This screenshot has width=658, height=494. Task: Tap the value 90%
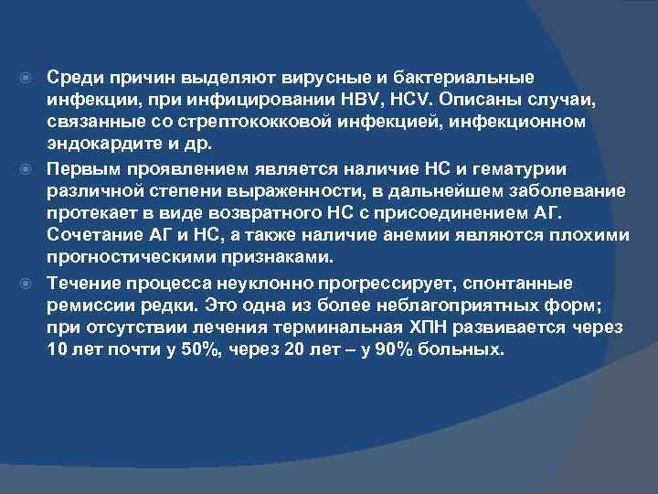point(378,349)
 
